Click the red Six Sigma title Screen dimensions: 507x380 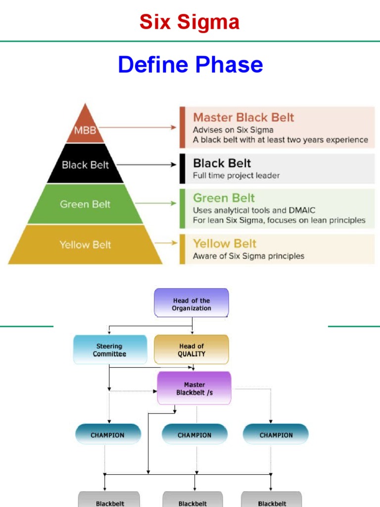click(x=190, y=22)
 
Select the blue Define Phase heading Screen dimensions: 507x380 click(x=190, y=65)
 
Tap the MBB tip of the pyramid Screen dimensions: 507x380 click(x=86, y=130)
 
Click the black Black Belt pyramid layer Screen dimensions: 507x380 click(x=85, y=165)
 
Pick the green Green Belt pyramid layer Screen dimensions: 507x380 click(x=85, y=204)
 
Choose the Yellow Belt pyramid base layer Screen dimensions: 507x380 click(x=85, y=245)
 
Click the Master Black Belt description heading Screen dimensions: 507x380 click(x=243, y=117)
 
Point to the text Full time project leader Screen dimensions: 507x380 click(x=236, y=175)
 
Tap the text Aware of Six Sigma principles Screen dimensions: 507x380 click(x=248, y=256)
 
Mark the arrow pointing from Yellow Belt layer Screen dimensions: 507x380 click(x=166, y=243)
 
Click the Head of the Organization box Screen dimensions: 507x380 click(x=191, y=303)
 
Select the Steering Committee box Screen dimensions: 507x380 click(x=110, y=350)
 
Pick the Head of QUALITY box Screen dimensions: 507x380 click(x=191, y=350)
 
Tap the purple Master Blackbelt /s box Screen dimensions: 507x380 click(x=194, y=388)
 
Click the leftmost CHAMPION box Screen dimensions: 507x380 click(x=108, y=435)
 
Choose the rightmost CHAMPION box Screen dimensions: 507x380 click(x=276, y=435)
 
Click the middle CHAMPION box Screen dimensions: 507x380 click(x=194, y=435)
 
